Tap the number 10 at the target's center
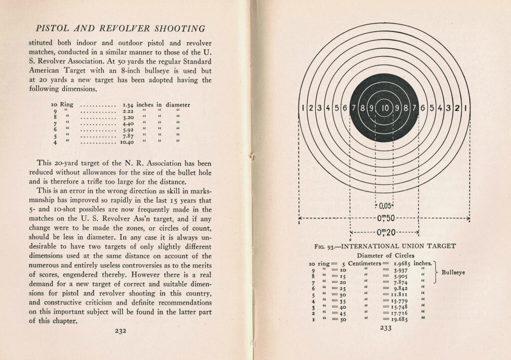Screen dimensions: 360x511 point(384,107)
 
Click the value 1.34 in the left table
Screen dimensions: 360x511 point(129,105)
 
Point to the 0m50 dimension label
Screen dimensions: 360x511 point(384,218)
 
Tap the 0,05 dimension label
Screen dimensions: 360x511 point(384,206)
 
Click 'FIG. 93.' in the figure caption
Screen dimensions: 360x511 point(327,246)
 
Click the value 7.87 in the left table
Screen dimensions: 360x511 point(129,136)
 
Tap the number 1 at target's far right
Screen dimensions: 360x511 point(465,107)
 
